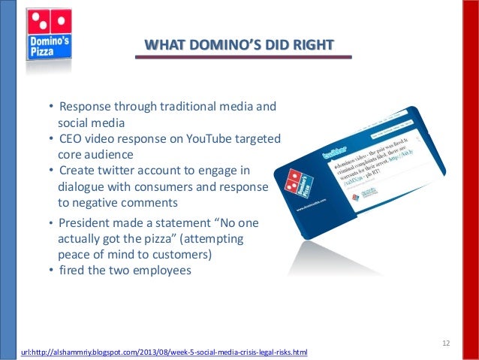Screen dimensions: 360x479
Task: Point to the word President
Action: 86,224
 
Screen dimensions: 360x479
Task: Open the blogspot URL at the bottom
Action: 161,352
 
